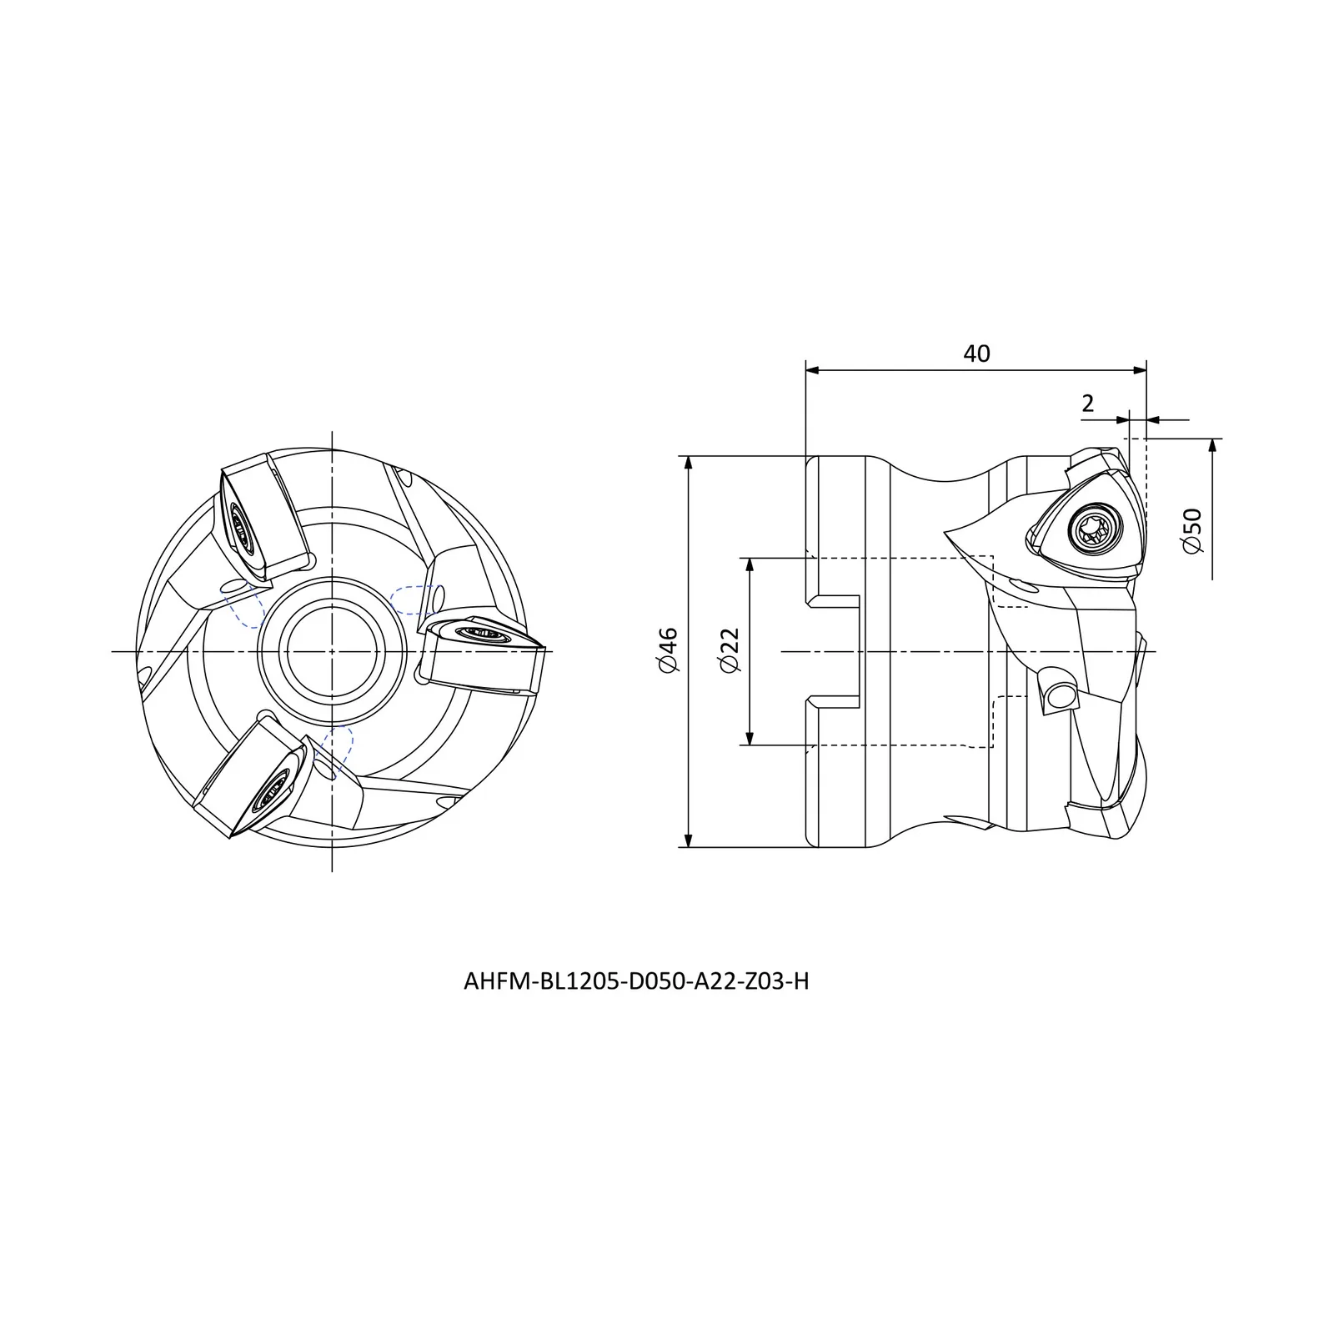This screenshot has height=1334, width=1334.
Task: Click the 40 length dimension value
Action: coord(976,354)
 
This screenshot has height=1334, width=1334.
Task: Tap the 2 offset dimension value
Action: coord(1087,404)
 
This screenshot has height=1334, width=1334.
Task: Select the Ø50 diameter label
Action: coord(1192,529)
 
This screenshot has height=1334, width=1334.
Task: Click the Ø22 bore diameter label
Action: coord(730,651)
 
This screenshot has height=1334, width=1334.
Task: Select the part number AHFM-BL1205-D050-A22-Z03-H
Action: coord(636,981)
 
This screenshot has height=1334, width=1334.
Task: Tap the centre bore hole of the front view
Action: coord(332,649)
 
